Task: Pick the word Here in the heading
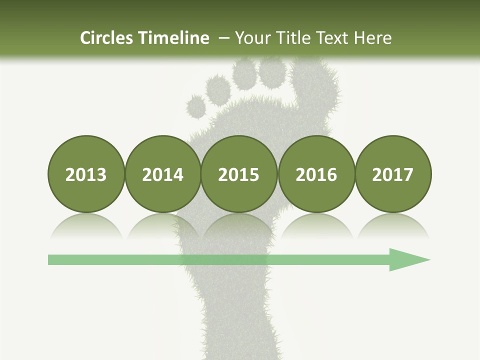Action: [372, 38]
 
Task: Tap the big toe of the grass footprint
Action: [320, 82]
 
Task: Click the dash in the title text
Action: [223, 38]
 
